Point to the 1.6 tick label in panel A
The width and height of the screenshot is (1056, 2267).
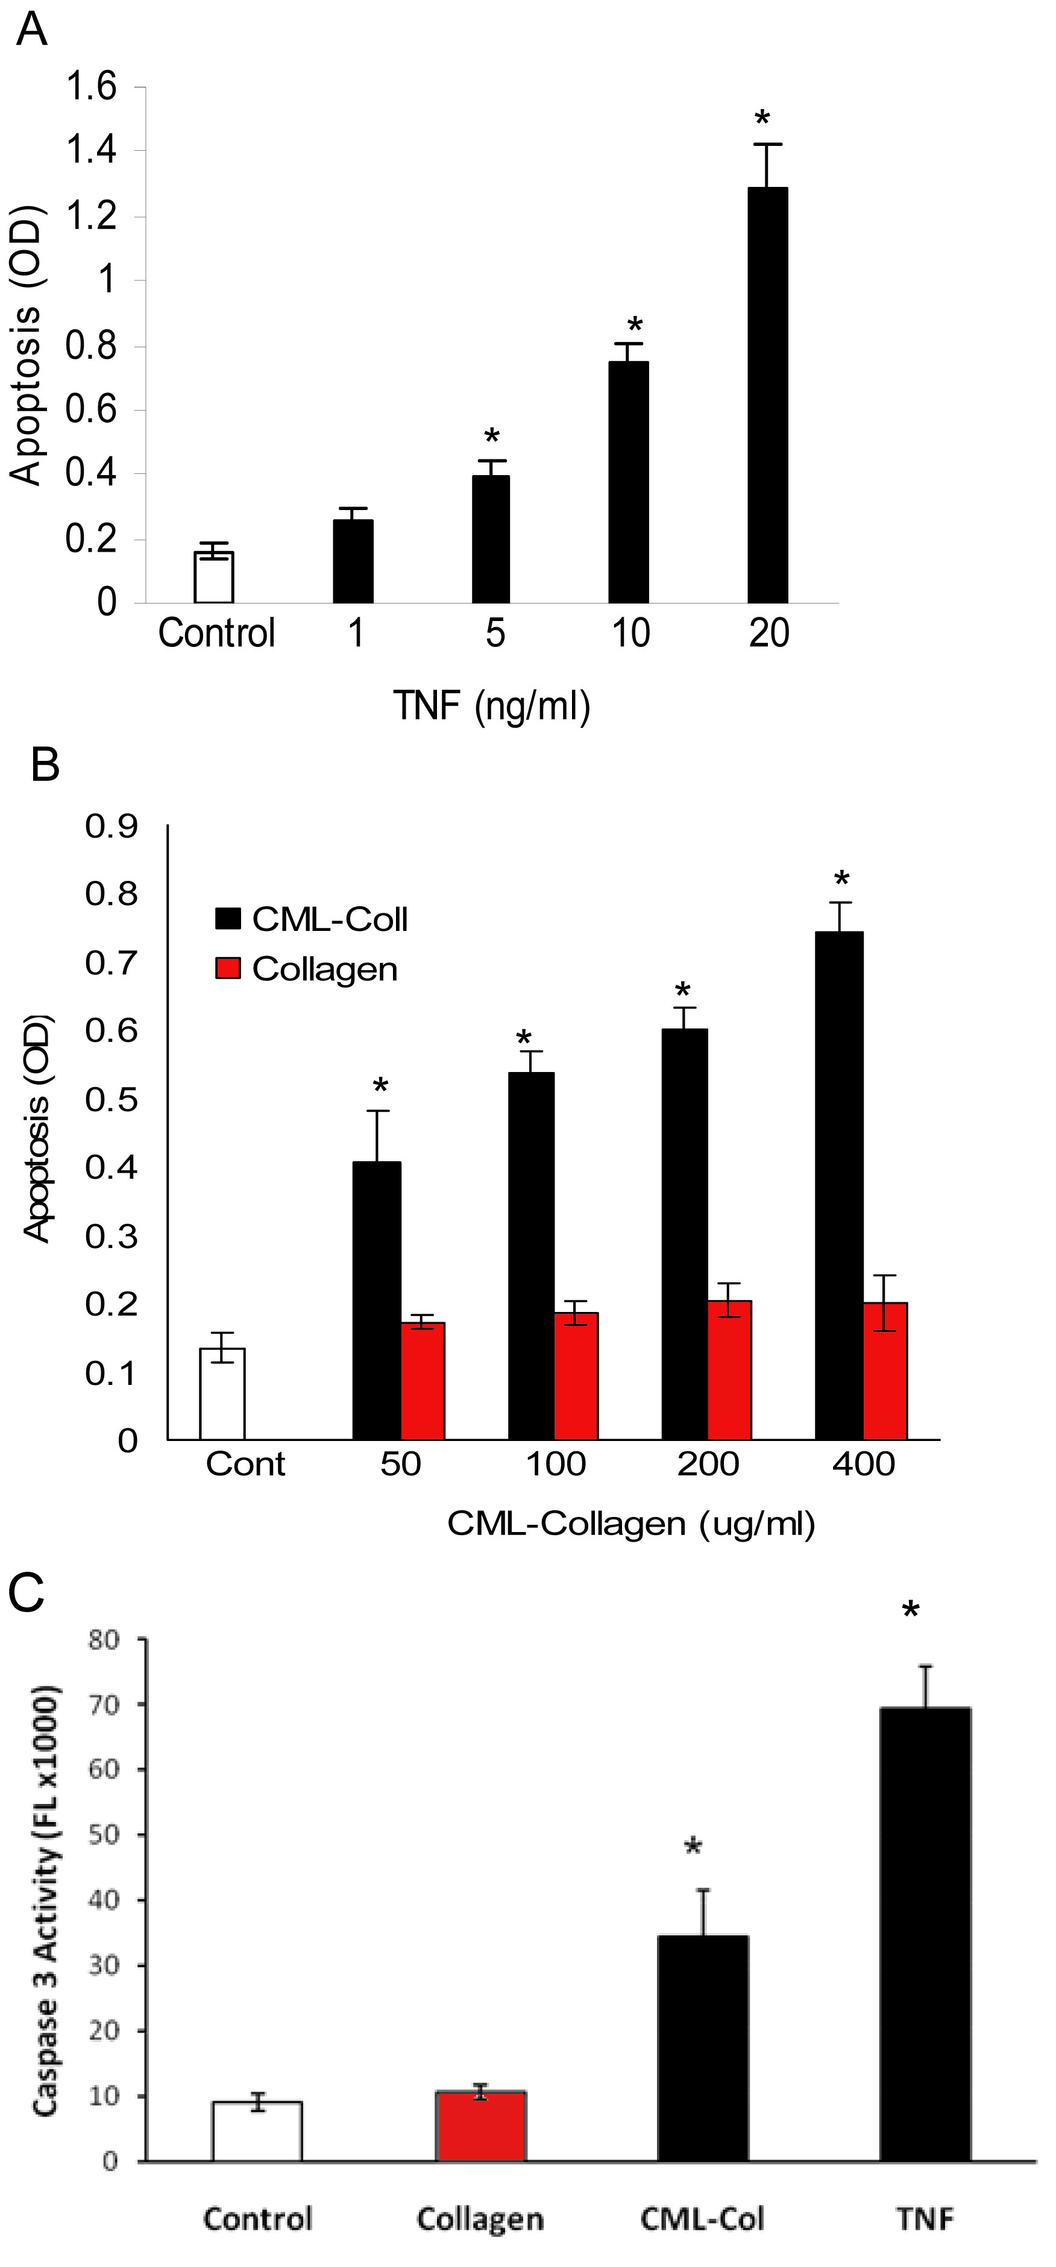click(x=92, y=86)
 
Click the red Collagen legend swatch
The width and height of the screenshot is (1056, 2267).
click(x=228, y=969)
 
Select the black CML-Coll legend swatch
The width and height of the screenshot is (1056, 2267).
click(x=228, y=919)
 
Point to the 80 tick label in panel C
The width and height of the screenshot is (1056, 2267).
click(x=104, y=1639)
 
